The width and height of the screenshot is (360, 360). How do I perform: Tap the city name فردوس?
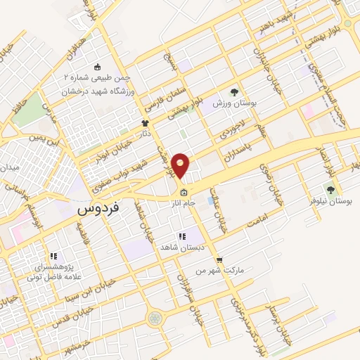(x=97, y=209)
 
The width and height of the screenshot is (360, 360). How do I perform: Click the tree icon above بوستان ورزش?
(x=235, y=91)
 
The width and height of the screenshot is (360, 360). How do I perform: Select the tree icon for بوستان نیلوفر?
(x=330, y=189)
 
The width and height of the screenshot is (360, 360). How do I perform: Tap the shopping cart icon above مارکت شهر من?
(x=219, y=259)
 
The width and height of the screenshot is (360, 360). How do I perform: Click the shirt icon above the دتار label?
(x=146, y=123)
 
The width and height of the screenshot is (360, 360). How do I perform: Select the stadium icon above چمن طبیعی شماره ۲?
(x=97, y=67)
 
